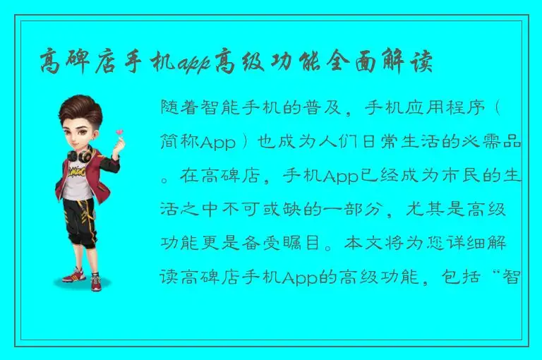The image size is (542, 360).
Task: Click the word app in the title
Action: pos(194,61)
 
